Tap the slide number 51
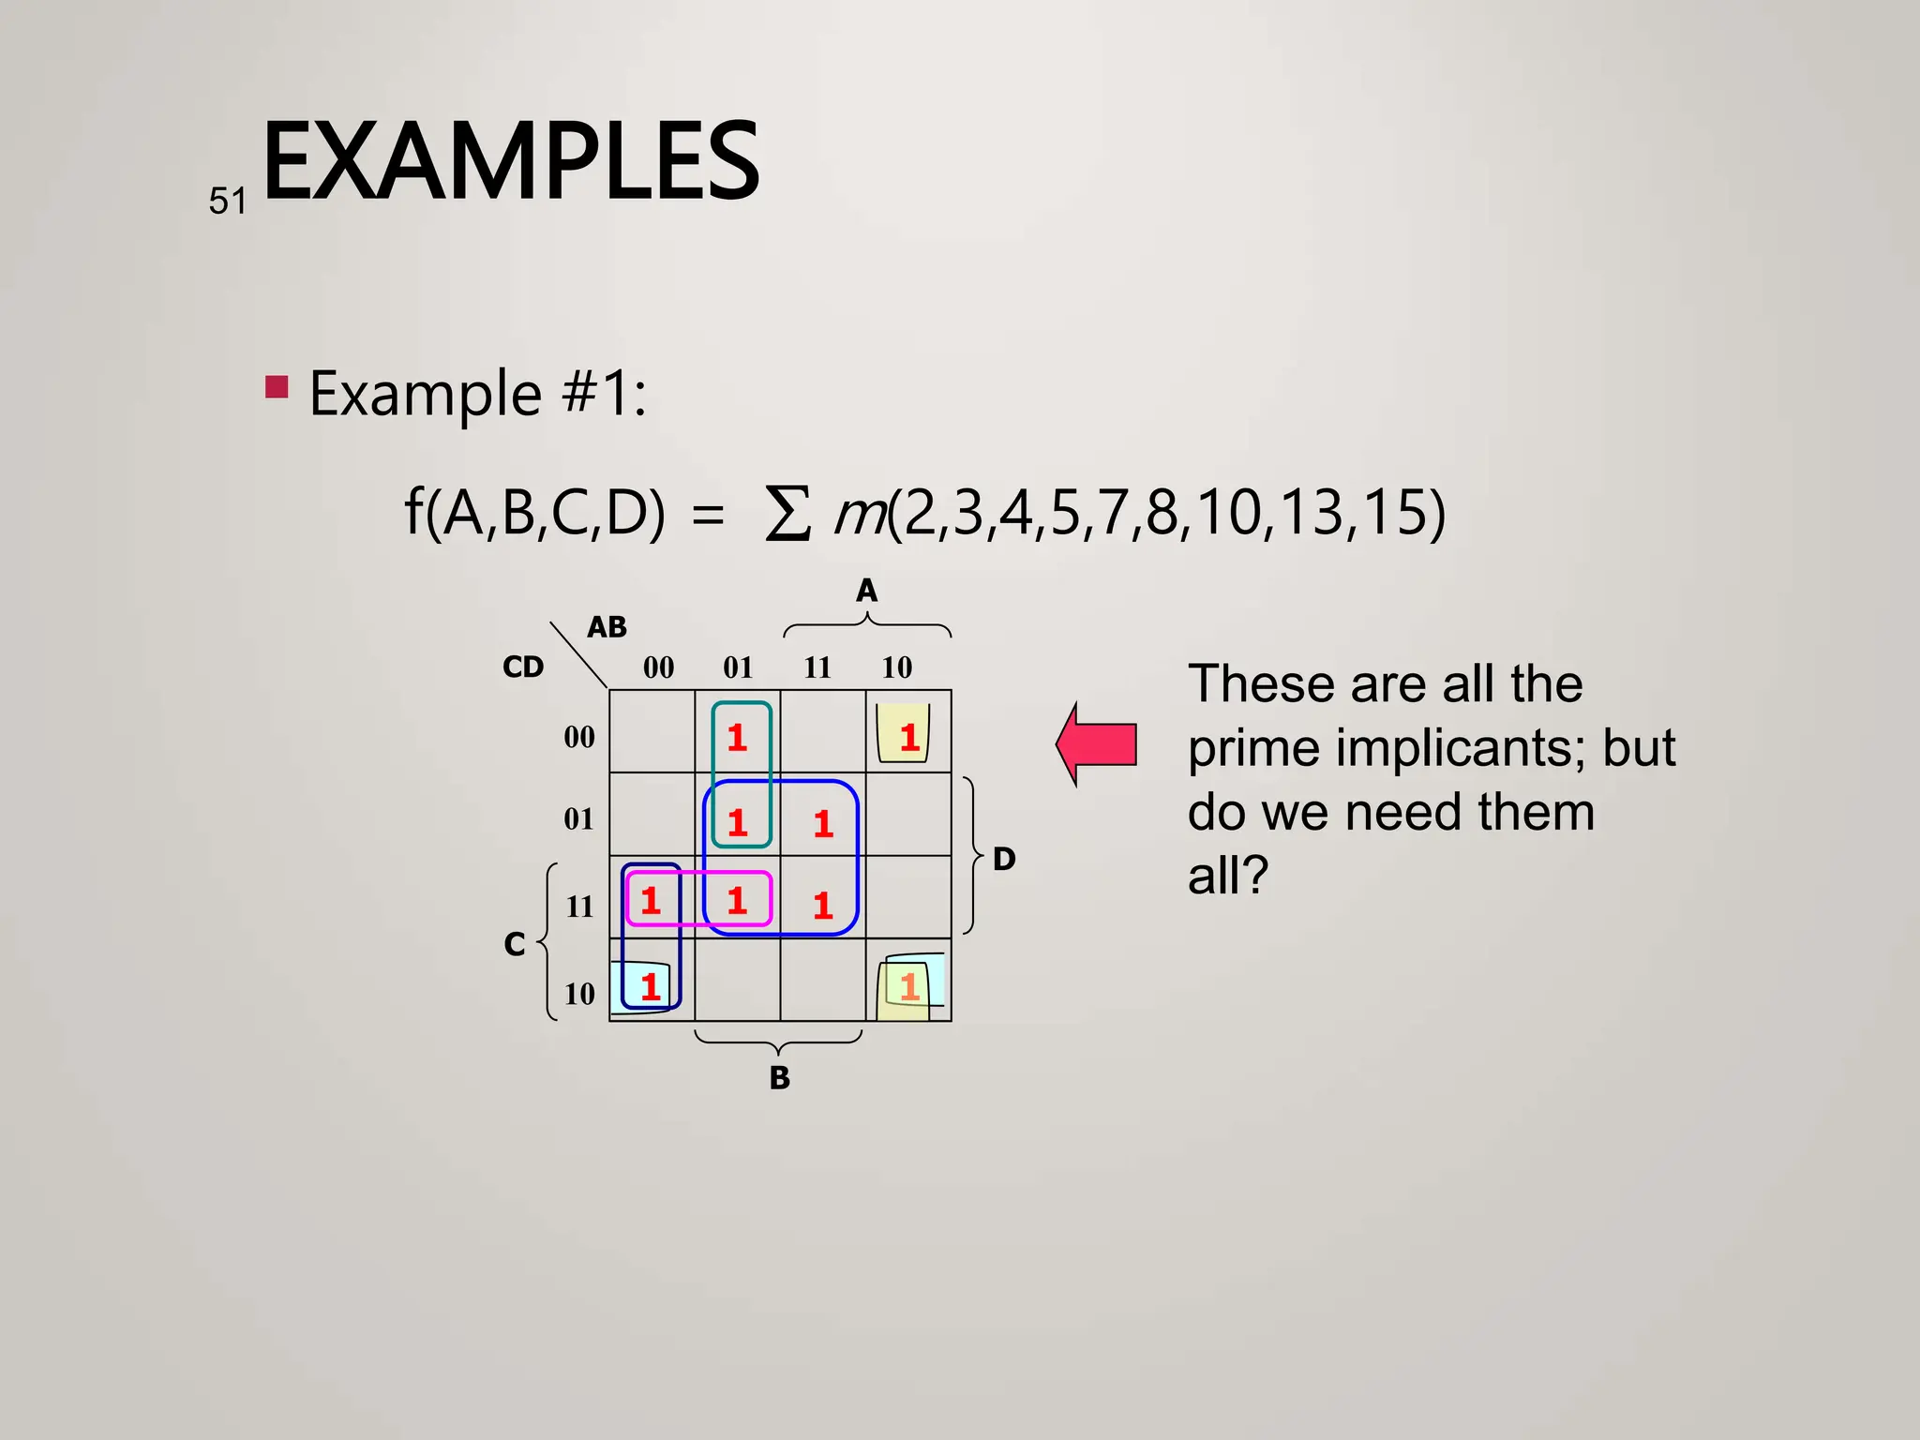pos(228,202)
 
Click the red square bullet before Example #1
pos(277,387)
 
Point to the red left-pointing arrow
pos(1097,744)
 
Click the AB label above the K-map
pos(607,627)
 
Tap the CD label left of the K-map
pos(523,667)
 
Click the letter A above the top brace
pos(866,591)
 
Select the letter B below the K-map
pos(779,1078)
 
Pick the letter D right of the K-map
pos(1004,859)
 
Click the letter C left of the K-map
pos(515,943)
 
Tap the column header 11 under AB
pos(817,667)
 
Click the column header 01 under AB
pos(738,667)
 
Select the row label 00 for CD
pos(579,737)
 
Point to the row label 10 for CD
pos(579,994)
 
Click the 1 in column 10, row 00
pos(908,738)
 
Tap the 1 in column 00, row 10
pos(651,986)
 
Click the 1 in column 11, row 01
pos(823,824)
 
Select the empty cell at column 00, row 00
pos(652,732)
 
